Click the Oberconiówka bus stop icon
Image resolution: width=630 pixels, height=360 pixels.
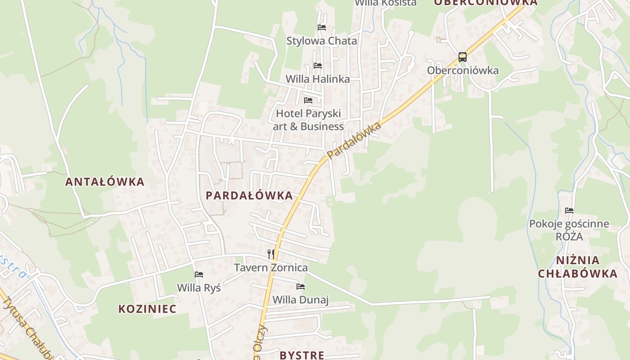click(x=463, y=57)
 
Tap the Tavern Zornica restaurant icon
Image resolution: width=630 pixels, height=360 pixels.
click(x=270, y=254)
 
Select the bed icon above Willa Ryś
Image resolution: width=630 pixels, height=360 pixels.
click(x=199, y=274)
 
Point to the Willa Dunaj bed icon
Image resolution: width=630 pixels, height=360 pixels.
click(x=301, y=287)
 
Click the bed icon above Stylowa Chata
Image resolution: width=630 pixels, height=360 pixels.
click(x=321, y=27)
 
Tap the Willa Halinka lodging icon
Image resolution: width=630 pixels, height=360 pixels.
click(x=318, y=66)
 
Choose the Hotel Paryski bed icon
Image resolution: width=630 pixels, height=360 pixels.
click(x=308, y=100)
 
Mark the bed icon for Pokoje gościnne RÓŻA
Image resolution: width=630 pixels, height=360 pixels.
click(x=569, y=211)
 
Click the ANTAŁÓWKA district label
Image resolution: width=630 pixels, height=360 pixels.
click(x=105, y=182)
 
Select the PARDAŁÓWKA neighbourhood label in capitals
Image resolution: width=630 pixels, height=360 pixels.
click(x=249, y=195)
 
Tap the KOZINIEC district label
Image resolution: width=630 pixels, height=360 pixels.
click(x=147, y=309)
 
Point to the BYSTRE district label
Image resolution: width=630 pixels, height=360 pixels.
click(x=302, y=355)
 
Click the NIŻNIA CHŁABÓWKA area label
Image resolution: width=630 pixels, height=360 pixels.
click(x=578, y=267)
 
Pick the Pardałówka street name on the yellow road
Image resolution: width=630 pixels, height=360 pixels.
click(x=354, y=140)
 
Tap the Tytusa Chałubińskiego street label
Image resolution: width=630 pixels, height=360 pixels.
click(x=27, y=328)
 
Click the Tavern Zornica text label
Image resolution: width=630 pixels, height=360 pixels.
click(x=271, y=268)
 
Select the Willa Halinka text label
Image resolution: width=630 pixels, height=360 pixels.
click(x=318, y=79)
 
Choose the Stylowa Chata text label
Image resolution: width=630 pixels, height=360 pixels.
click(x=322, y=41)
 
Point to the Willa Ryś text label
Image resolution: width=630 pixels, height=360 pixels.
click(x=199, y=288)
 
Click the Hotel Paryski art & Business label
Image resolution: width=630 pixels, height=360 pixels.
click(x=308, y=120)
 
